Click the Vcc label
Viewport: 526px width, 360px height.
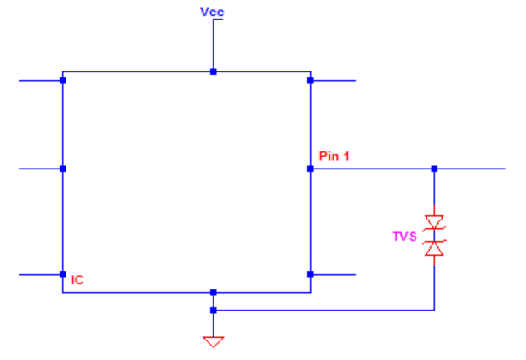click(x=213, y=12)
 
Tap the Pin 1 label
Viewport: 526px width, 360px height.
click(x=334, y=156)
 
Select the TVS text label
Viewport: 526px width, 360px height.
click(x=404, y=237)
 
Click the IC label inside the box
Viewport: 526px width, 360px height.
click(x=77, y=279)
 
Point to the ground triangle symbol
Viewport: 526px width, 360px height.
click(x=213, y=341)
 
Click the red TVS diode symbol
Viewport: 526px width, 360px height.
click(x=435, y=236)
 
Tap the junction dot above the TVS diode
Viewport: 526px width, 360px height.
click(x=435, y=169)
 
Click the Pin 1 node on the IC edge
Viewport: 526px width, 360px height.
click(x=311, y=169)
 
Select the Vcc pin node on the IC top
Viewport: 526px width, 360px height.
click(x=213, y=71)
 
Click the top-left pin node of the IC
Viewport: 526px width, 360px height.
click(x=63, y=81)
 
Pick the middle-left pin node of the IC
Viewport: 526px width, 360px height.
click(x=63, y=169)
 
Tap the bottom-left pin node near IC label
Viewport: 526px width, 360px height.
click(x=63, y=274)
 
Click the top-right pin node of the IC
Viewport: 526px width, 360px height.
click(x=311, y=81)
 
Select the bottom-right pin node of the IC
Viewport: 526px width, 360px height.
click(x=311, y=274)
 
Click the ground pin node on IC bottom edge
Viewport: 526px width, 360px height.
click(x=213, y=293)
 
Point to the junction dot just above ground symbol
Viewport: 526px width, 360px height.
click(x=213, y=310)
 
